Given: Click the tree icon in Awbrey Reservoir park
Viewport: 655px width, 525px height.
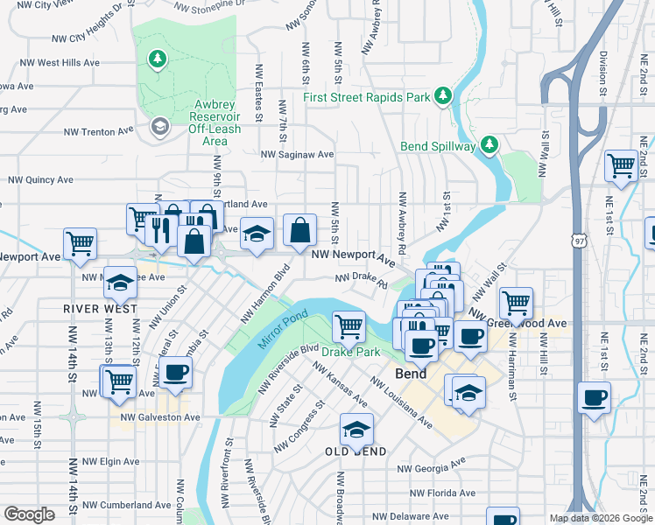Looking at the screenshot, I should pyautogui.click(x=158, y=59).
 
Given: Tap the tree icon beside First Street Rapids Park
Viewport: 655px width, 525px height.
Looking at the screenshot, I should pyautogui.click(x=444, y=94).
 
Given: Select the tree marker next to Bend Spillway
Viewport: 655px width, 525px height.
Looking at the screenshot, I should pyautogui.click(x=489, y=144).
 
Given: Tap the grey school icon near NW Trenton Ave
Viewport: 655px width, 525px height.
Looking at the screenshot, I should pyautogui.click(x=158, y=128).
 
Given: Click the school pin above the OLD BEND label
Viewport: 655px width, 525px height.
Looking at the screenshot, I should pyautogui.click(x=356, y=429).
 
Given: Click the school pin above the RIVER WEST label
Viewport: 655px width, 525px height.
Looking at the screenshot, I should pyautogui.click(x=120, y=282).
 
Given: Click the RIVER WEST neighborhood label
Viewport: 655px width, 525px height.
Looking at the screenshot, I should pyautogui.click(x=99, y=309).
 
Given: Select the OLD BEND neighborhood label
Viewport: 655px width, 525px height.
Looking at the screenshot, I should pyautogui.click(x=356, y=451).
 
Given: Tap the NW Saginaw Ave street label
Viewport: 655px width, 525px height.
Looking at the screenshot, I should pyautogui.click(x=297, y=154).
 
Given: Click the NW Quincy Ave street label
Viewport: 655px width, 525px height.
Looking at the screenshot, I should pyautogui.click(x=41, y=179).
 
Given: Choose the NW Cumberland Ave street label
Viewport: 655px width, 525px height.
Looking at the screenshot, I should pyautogui.click(x=126, y=505).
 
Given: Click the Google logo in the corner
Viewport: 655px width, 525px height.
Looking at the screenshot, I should pyautogui.click(x=29, y=514).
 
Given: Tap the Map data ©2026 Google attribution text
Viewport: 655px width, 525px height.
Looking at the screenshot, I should pyautogui.click(x=600, y=518).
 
